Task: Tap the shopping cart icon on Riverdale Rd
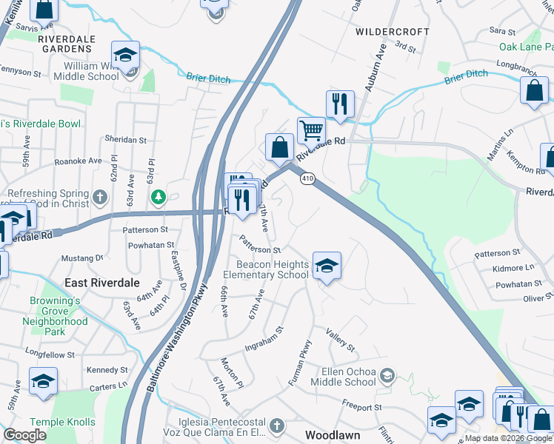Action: [312, 130]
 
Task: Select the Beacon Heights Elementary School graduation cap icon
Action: [326, 265]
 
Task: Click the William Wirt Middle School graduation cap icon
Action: [126, 55]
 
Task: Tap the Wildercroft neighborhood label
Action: [393, 32]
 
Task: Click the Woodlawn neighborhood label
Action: [333, 435]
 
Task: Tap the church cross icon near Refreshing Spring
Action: [100, 198]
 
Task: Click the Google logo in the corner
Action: [25, 435]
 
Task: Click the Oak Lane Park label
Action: [525, 46]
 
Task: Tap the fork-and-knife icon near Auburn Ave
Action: [340, 104]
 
